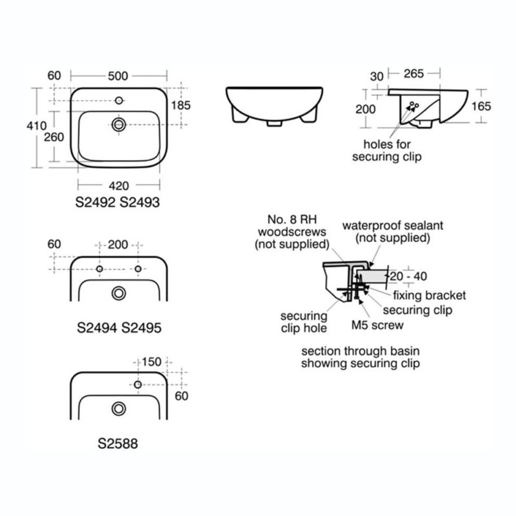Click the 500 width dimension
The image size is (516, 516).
118,76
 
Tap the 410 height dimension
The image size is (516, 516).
37,126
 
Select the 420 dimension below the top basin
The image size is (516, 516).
119,186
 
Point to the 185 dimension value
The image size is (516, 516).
181,105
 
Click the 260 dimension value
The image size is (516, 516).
54,137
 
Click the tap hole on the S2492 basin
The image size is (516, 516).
119,101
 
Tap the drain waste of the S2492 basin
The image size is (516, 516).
119,124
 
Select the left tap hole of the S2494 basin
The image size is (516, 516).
99,269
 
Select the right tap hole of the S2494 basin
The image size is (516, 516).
138,269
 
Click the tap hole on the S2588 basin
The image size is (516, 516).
138,384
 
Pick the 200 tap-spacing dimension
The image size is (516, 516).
118,245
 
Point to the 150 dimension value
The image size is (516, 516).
152,362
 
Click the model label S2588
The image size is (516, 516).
118,444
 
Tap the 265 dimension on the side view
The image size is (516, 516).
413,74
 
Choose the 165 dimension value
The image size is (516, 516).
481,106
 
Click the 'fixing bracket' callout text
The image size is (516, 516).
430,295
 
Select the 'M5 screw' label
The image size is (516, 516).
377,325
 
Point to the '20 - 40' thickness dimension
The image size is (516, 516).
408,277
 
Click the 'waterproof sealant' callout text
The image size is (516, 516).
393,226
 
